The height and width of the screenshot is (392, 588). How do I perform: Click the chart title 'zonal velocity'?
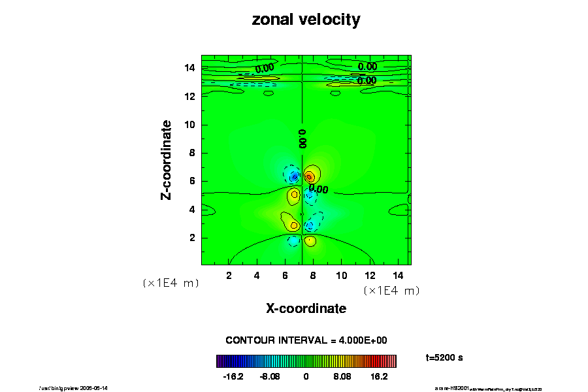[x=306, y=20]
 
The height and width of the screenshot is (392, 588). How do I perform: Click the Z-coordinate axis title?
[x=167, y=159]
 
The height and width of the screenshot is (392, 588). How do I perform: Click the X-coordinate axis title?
[x=306, y=308]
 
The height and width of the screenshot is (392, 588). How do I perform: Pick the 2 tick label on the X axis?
[x=229, y=275]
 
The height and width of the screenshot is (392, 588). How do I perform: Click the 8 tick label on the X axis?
[x=313, y=275]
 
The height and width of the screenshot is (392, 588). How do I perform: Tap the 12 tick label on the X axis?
[x=369, y=275]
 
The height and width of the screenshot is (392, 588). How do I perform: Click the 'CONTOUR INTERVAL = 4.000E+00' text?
[x=306, y=340]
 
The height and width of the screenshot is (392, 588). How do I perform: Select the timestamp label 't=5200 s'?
[x=444, y=358]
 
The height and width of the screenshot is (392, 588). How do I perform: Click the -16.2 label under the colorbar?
[x=233, y=377]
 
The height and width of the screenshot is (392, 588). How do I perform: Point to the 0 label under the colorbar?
[x=306, y=377]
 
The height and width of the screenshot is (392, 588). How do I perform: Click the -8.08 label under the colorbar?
[x=269, y=377]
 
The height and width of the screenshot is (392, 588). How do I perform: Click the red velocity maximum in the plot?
[x=309, y=176]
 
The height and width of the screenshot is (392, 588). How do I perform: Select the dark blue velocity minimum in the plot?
[x=294, y=176]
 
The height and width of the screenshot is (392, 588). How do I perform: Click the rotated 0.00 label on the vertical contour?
[x=302, y=138]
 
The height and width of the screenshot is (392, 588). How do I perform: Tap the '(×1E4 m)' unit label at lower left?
[x=171, y=284]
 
